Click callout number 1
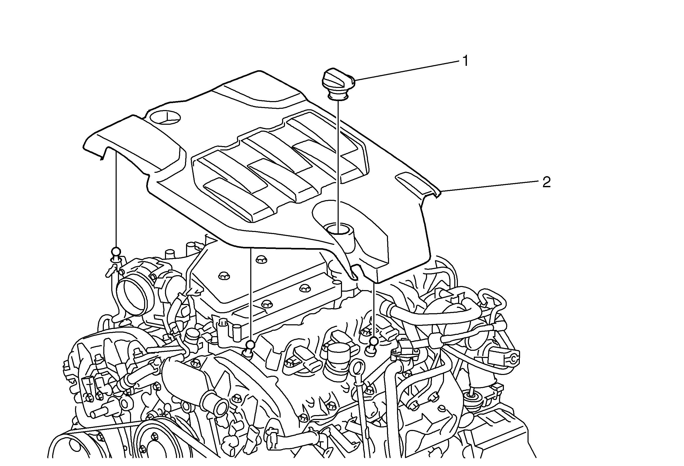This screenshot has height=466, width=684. (x=465, y=61)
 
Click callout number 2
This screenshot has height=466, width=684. (x=546, y=183)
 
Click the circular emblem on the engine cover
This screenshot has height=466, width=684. (x=165, y=117)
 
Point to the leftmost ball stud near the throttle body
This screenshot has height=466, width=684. (x=116, y=252)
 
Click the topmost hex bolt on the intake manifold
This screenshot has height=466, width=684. (x=261, y=259)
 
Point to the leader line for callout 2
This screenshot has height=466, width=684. (x=488, y=187)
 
